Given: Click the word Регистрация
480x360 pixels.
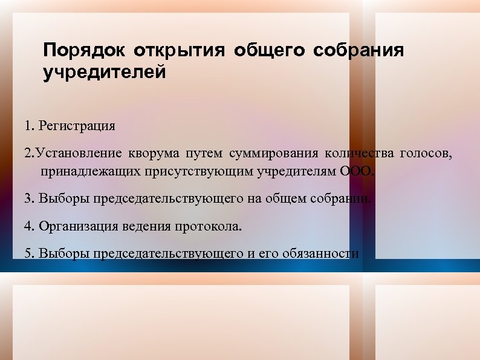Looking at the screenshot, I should click(x=76, y=126).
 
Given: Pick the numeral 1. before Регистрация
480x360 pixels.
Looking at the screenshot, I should click(x=30, y=126).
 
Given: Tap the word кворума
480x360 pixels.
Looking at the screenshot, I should click(x=154, y=152).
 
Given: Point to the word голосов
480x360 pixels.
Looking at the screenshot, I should click(x=425, y=152).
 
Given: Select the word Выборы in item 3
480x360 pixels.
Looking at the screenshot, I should click(x=59, y=198).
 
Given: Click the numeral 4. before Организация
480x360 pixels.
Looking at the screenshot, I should click(x=30, y=227).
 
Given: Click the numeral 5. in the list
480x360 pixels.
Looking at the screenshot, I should click(x=30, y=254).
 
